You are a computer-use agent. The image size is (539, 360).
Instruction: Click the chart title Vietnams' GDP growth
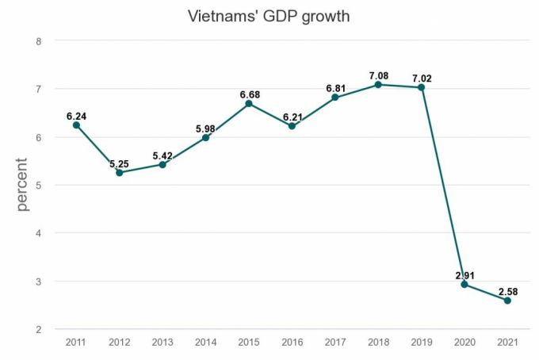pyautogui.click(x=269, y=16)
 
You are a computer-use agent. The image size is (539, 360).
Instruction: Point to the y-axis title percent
pyautogui.click(x=22, y=185)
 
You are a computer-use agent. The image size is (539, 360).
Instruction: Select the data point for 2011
pyautogui.click(x=76, y=125)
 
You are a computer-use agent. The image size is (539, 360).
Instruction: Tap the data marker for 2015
pyautogui.click(x=248, y=104)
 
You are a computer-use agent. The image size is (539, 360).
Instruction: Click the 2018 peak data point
pyautogui.click(x=378, y=85)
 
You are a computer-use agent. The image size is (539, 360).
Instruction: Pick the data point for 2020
pyautogui.click(x=464, y=285)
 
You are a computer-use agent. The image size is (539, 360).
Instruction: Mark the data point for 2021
pyautogui.click(x=507, y=301)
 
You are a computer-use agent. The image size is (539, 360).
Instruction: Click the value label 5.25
pyautogui.click(x=120, y=162)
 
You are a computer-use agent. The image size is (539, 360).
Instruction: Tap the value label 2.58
pyautogui.click(x=507, y=291)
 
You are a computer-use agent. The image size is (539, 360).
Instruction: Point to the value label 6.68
pyautogui.click(x=248, y=94)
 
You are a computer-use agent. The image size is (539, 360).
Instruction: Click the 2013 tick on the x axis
pyautogui.click(x=162, y=342)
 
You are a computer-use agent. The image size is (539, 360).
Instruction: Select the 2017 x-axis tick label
pyautogui.click(x=334, y=342)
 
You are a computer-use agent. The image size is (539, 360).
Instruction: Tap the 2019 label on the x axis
pyautogui.click(x=421, y=342)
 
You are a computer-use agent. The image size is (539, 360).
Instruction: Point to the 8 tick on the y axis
pyautogui.click(x=37, y=40)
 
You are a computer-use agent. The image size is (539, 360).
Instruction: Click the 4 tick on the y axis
pyautogui.click(x=37, y=233)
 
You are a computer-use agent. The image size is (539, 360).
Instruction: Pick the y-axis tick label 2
pyautogui.click(x=37, y=329)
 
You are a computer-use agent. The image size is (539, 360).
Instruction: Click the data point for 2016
pyautogui.click(x=292, y=126)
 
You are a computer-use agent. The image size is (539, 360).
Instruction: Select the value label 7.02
pyautogui.click(x=421, y=77)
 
